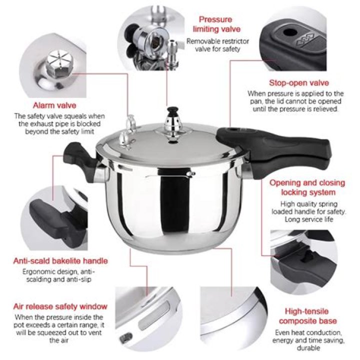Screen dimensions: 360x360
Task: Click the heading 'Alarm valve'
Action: coord(54,105)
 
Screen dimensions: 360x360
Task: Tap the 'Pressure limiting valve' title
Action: coord(216,24)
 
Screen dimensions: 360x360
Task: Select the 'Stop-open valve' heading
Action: coord(299,82)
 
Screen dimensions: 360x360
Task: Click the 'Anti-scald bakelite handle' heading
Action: coord(60,261)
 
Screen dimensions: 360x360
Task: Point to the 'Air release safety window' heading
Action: coord(60,306)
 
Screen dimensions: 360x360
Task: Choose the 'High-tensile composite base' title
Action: coord(308,316)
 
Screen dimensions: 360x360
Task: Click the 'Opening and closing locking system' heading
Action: coord(307,187)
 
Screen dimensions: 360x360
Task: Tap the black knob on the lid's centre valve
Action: coord(172,112)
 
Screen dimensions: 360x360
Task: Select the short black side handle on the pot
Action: coord(79,160)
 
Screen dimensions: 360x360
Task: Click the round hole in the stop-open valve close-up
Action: coord(290,32)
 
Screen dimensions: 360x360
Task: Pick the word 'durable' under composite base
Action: coord(308,348)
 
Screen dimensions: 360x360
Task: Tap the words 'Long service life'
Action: coord(309,219)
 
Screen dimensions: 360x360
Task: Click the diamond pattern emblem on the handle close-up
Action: coord(306,40)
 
